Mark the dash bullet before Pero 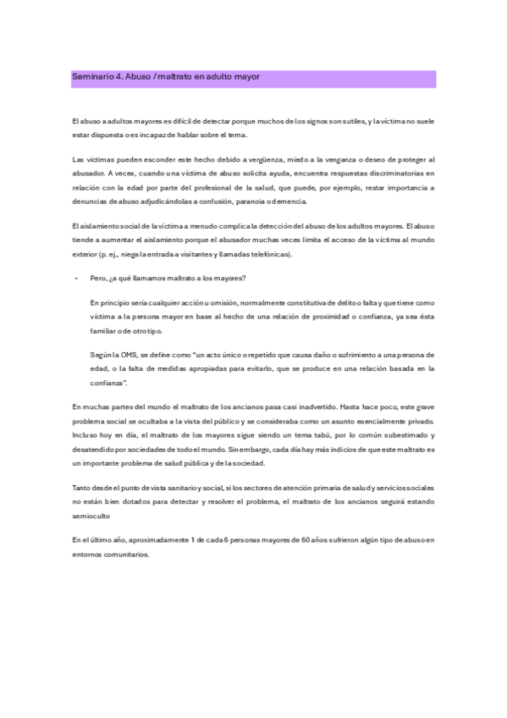click(x=76, y=279)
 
